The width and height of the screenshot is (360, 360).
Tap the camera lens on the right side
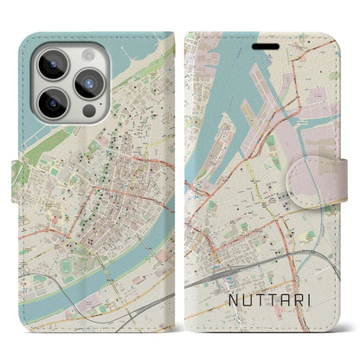(89, 84)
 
